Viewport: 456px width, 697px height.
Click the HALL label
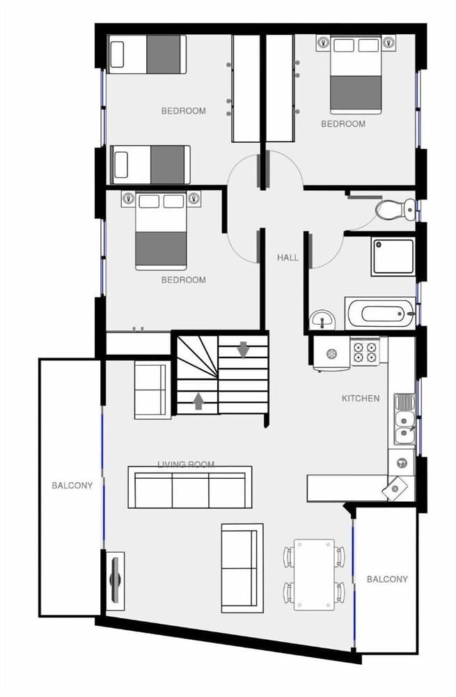pos(288,257)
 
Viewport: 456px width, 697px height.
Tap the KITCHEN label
pos(361,399)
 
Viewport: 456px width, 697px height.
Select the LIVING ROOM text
pos(186,464)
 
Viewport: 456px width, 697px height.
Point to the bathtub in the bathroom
pos(379,313)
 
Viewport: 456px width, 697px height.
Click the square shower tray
pos(393,256)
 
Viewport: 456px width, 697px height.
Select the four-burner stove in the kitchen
pos(365,351)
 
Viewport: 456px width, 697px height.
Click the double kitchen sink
pos(403,419)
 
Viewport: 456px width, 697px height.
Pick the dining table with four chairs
pos(313,574)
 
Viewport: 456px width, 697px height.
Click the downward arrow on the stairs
pos(243,350)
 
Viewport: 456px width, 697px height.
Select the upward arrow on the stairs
pos(198,400)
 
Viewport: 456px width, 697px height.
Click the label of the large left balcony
pos(72,486)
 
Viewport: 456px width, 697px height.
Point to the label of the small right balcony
pos(387,579)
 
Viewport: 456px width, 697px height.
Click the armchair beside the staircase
pos(152,391)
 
